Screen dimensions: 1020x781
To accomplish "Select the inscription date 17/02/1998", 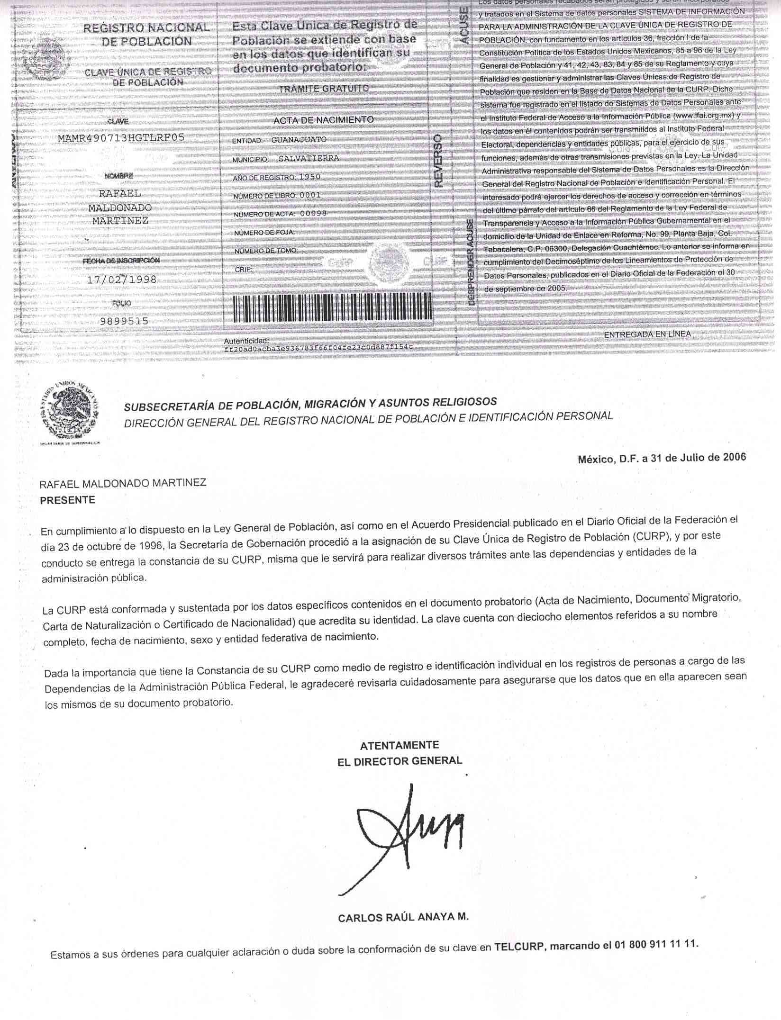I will click(121, 280).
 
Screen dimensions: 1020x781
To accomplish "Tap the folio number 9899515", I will click(124, 321).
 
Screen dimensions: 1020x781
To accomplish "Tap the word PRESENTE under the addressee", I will click(67, 500).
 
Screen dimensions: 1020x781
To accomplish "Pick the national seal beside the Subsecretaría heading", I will click(70, 413).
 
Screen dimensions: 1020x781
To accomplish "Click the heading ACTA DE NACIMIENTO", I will click(323, 120).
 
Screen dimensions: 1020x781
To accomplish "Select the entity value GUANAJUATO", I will click(299, 140).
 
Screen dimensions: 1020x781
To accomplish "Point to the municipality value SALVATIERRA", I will click(309, 158).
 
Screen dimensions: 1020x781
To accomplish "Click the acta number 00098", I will click(313, 213).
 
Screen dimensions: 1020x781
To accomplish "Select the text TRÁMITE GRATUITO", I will click(324, 89).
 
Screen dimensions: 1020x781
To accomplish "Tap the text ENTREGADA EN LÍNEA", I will click(647, 334).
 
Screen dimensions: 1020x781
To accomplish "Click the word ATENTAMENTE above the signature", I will click(400, 745).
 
